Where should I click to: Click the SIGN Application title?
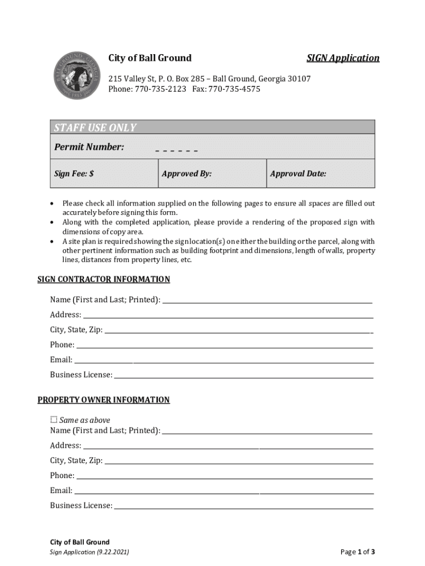[343, 58]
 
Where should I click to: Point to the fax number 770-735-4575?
[234, 89]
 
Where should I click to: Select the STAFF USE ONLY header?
[95, 128]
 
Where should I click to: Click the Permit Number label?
[89, 147]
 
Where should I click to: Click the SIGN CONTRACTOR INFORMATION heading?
[104, 279]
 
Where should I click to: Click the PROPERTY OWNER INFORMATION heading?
[104, 400]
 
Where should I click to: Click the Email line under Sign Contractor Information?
[224, 360]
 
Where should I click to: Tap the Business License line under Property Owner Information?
[243, 506]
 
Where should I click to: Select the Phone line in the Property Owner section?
[224, 476]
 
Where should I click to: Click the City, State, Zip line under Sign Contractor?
[237, 331]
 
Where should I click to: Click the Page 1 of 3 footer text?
[358, 552]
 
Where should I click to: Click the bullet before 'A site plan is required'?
[51, 242]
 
